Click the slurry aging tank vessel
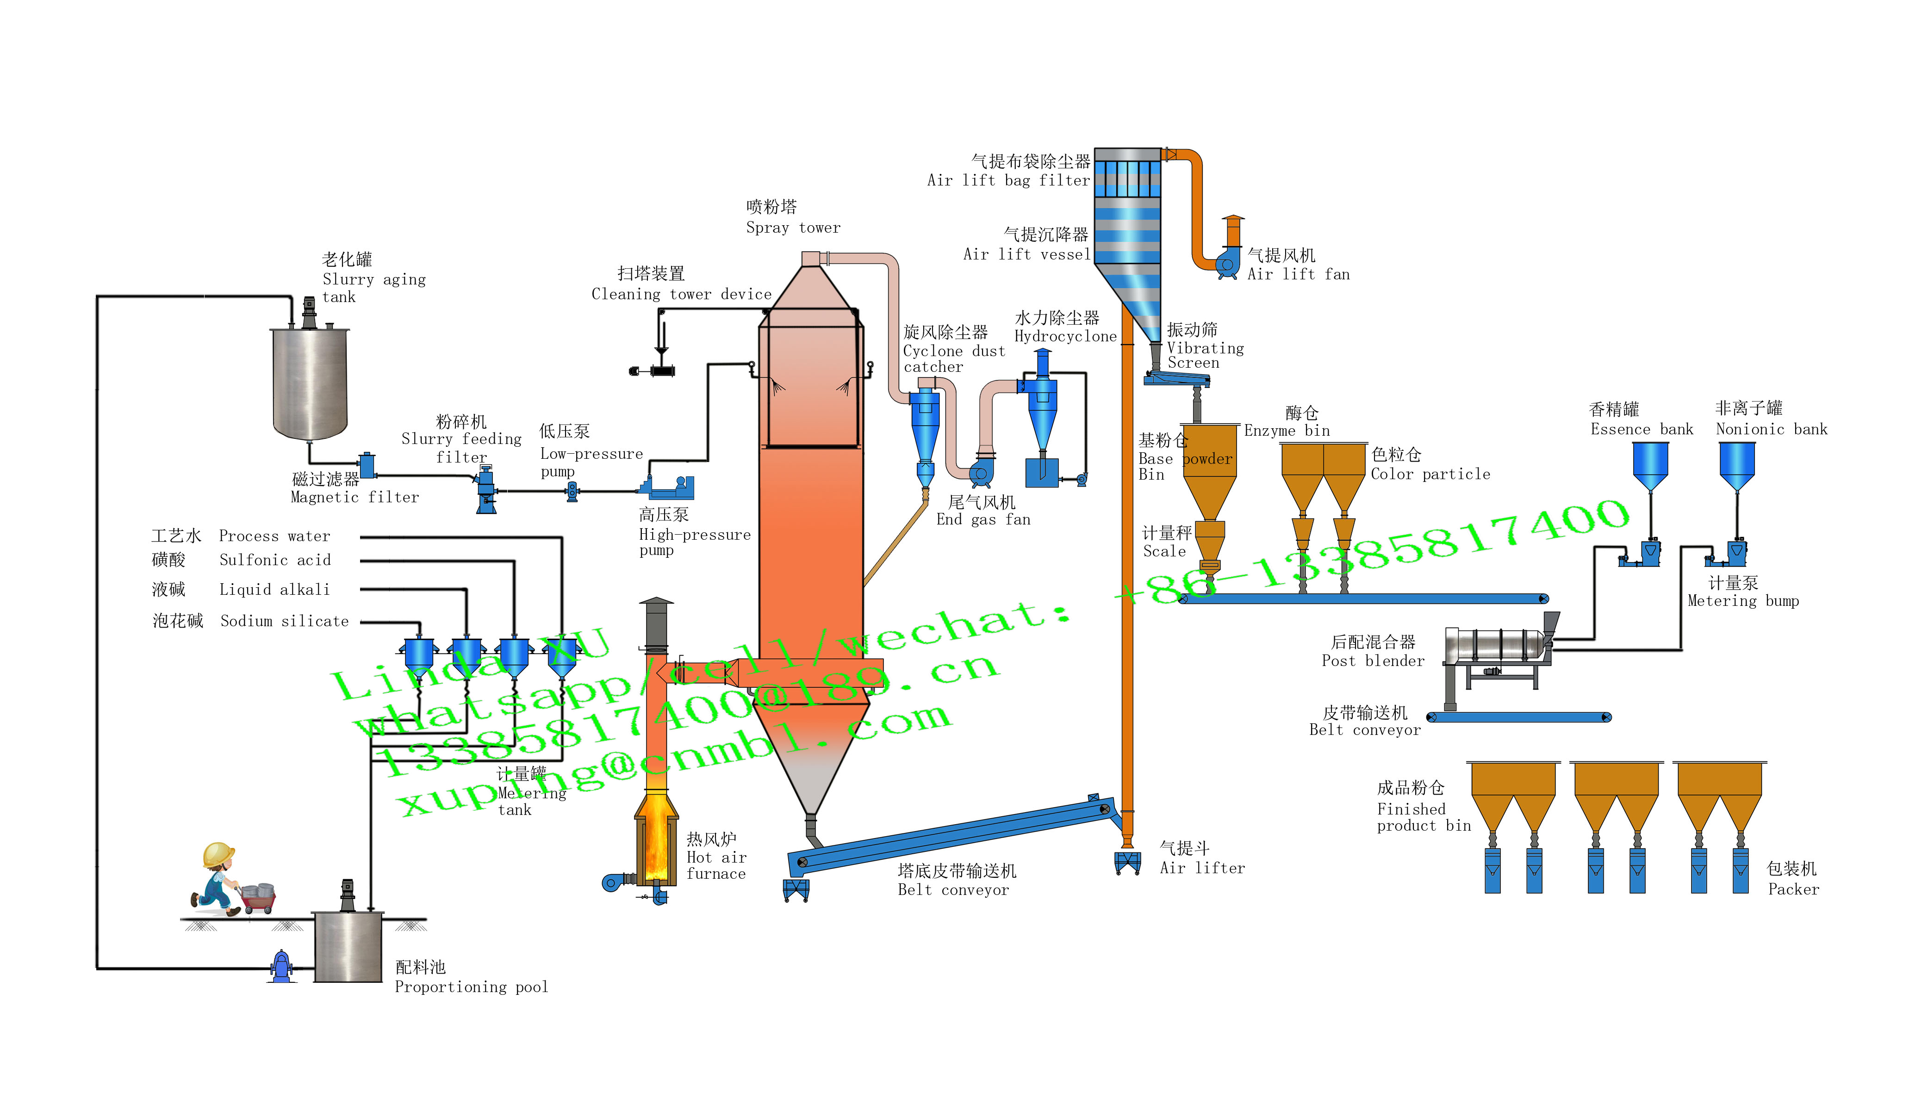pyautogui.click(x=309, y=382)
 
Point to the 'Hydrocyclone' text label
pyautogui.click(x=1065, y=336)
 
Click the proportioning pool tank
pyautogui.click(x=348, y=946)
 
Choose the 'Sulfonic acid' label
pyautogui.click(x=275, y=560)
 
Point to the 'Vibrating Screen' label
pyautogui.click(x=1205, y=355)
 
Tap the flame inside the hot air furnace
pyautogui.click(x=656, y=840)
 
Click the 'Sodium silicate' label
pyautogui.click(x=284, y=621)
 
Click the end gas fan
pyautogui.click(x=981, y=473)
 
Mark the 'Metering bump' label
pyautogui.click(x=1742, y=600)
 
